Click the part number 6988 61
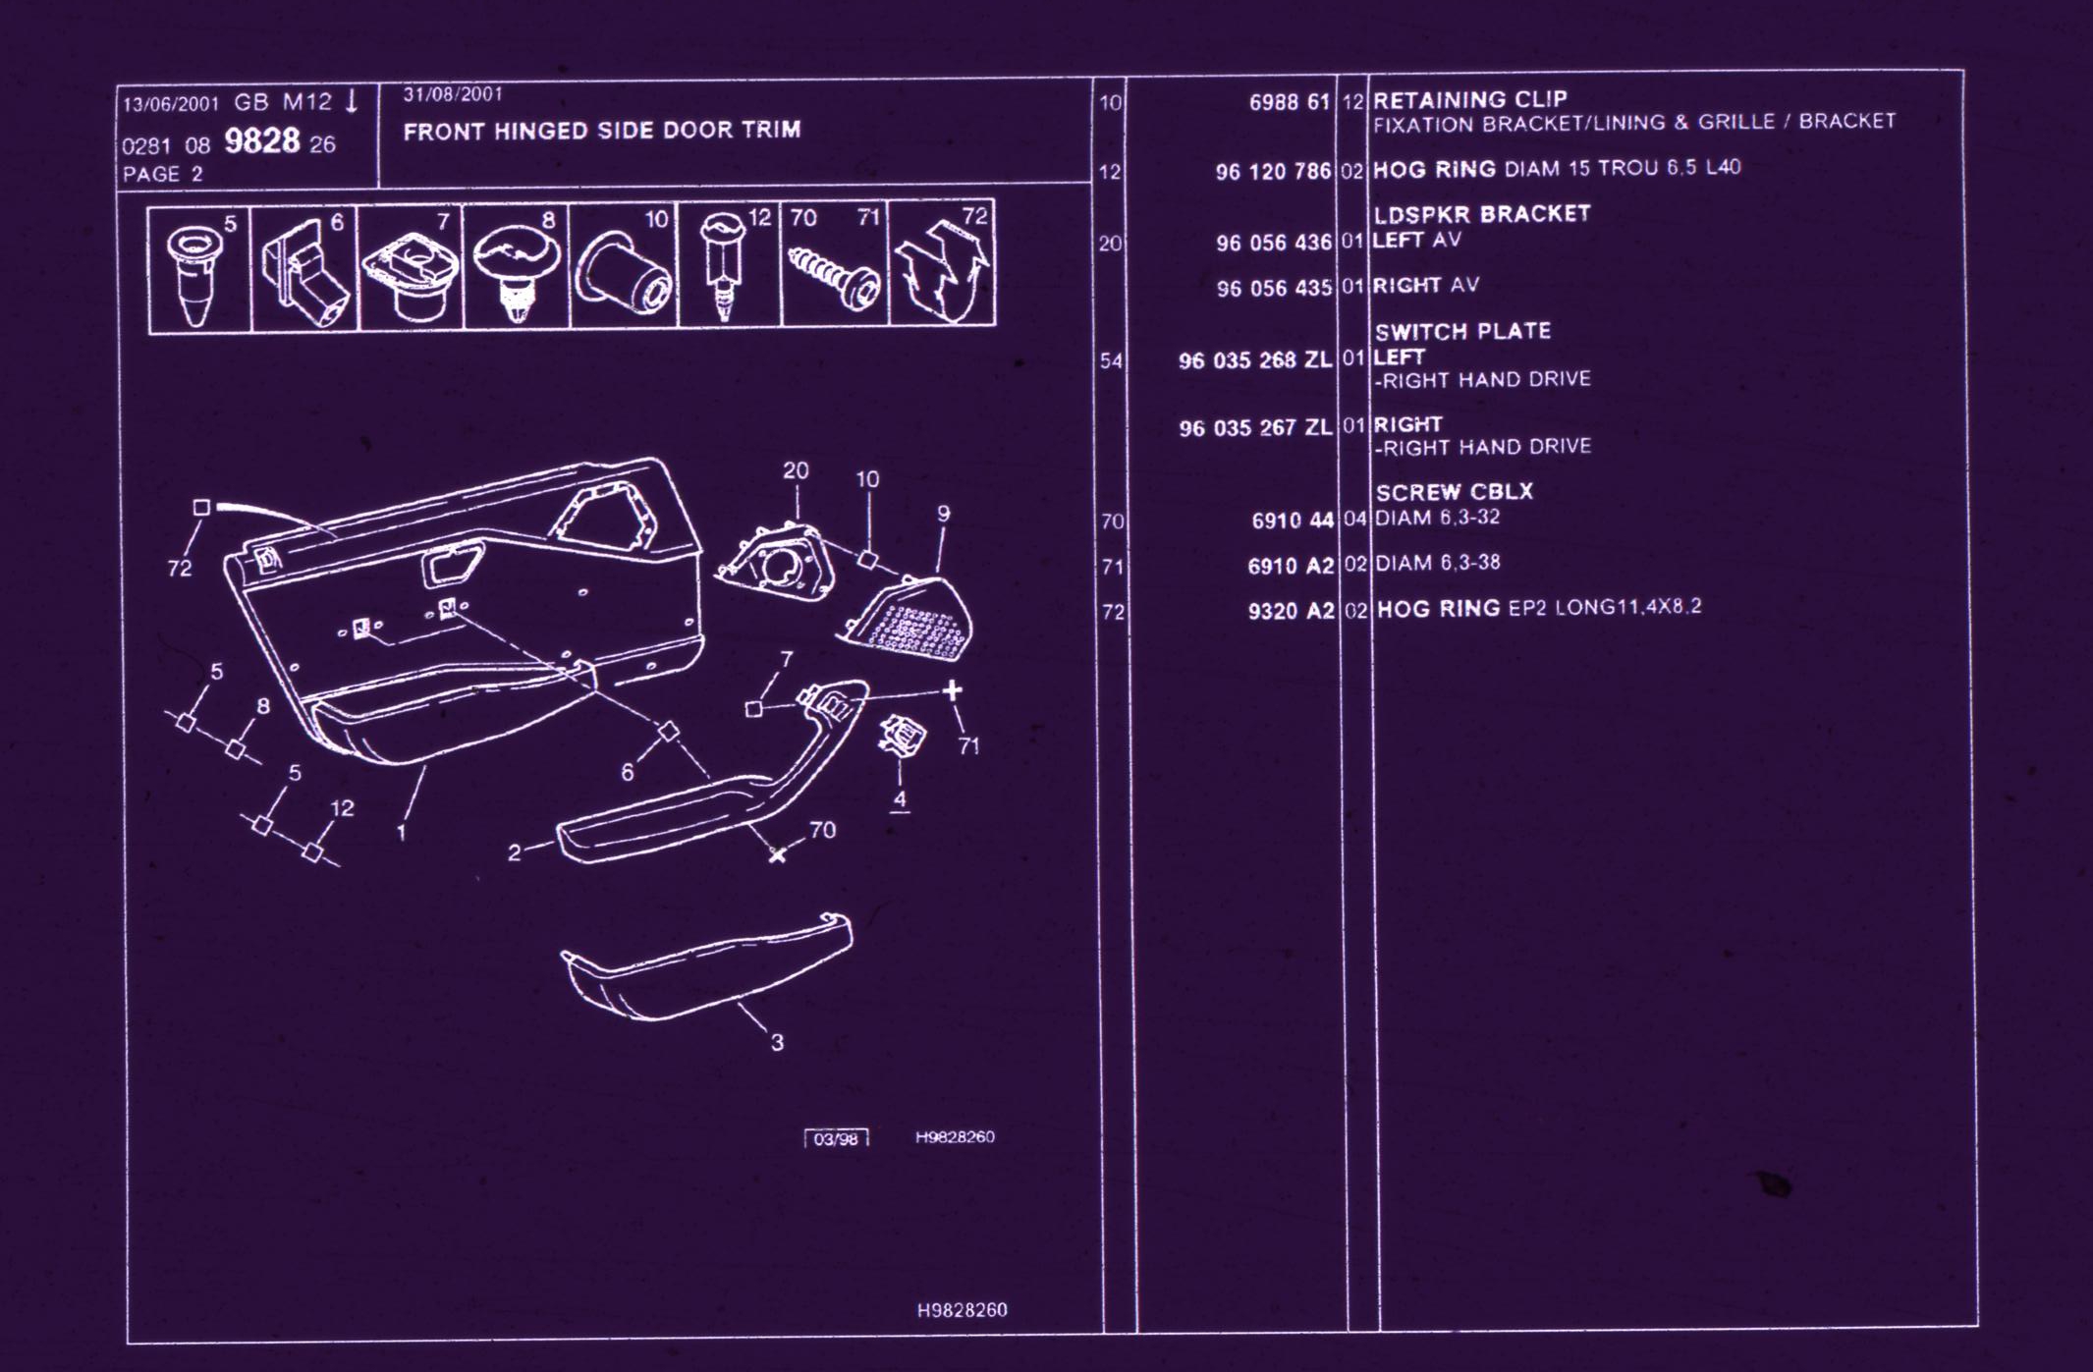[x=1289, y=102]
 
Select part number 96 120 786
[x=1273, y=172]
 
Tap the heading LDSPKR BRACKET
[x=1481, y=214]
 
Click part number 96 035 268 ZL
[x=1254, y=360]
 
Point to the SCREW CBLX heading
[x=1454, y=492]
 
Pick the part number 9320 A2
[x=1291, y=611]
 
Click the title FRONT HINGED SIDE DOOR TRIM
[x=602, y=131]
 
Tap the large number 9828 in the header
[x=261, y=141]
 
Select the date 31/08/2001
[x=453, y=94]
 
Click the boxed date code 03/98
[x=836, y=1138]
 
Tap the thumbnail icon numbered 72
[x=941, y=270]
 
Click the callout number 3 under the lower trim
[x=777, y=1042]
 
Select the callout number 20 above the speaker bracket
[x=796, y=471]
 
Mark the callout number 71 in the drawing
[x=968, y=746]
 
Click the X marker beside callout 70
[x=777, y=854]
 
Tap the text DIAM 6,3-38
[x=1437, y=563]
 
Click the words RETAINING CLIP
[x=1469, y=99]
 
